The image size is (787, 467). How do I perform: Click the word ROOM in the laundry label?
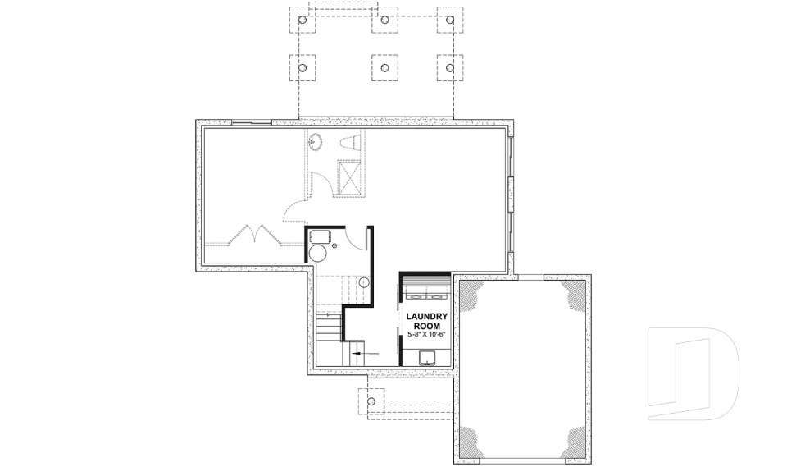425,326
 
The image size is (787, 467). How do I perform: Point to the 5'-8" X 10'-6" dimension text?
425,336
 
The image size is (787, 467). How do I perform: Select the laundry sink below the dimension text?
426,356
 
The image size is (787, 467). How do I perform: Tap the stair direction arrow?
357,352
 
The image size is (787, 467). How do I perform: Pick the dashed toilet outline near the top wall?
349,141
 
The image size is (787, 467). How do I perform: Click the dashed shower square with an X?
350,176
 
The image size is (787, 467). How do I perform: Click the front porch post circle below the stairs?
371,401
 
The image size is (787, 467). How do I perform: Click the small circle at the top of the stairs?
364,282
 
